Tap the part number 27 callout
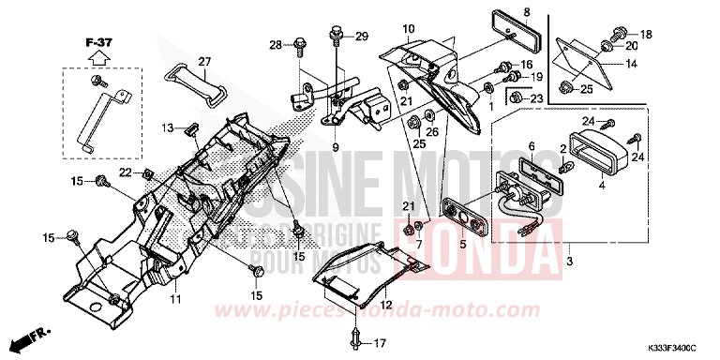pyautogui.click(x=204, y=62)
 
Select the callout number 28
pyautogui.click(x=276, y=44)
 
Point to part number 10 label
pyautogui.click(x=408, y=30)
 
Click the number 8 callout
pyautogui.click(x=526, y=12)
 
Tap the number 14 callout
pyautogui.click(x=631, y=64)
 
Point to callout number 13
pyautogui.click(x=166, y=127)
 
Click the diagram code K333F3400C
pyautogui.click(x=673, y=348)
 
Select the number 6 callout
pyautogui.click(x=530, y=147)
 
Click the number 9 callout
pyautogui.click(x=334, y=147)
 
